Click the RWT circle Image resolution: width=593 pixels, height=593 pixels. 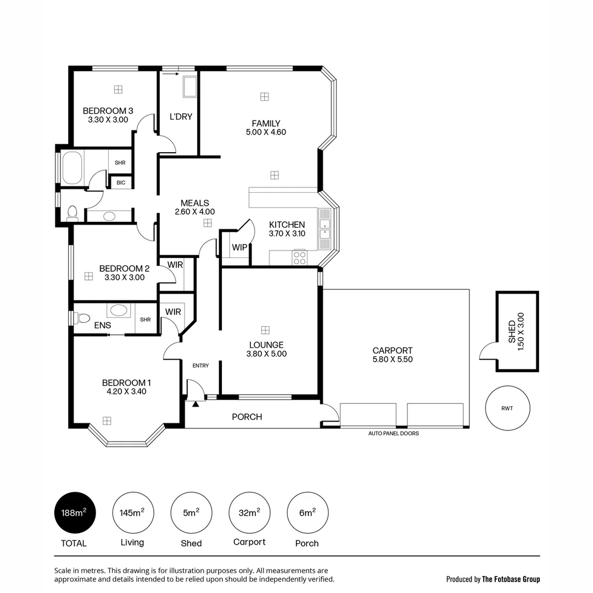tap(507, 408)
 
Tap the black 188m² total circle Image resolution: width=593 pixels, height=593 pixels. tap(74, 513)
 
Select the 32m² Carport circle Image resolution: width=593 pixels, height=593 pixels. tap(249, 513)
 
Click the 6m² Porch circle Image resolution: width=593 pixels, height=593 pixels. tap(307, 513)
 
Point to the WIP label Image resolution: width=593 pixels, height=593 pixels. tap(239, 248)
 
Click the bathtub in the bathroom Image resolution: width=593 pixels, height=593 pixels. tap(72, 168)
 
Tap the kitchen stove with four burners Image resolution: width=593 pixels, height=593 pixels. tap(300, 258)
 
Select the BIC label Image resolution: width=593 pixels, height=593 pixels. tap(121, 182)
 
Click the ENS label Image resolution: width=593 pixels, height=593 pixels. tap(102, 326)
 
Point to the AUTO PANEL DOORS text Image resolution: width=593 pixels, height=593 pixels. tap(393, 434)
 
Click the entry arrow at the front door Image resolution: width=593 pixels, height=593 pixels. tap(195, 404)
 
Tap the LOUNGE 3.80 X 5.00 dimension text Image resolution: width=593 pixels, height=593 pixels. tap(267, 354)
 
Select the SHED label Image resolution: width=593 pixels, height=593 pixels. tap(512, 332)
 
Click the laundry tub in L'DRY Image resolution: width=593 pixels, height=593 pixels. tap(189, 87)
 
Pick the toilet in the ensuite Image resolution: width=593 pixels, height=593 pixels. tap(82, 318)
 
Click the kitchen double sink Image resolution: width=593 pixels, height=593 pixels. tap(326, 231)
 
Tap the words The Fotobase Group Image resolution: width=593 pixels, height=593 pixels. tap(511, 579)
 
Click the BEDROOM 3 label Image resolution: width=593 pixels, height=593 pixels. tap(108, 110)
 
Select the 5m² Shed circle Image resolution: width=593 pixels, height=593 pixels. tap(191, 513)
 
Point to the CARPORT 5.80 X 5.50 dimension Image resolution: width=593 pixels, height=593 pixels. tap(392, 360)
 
